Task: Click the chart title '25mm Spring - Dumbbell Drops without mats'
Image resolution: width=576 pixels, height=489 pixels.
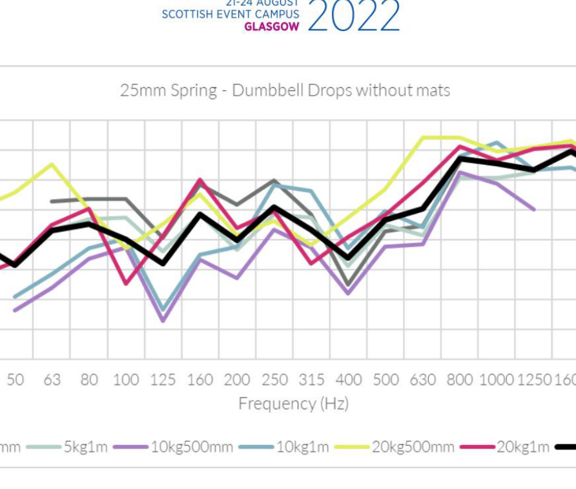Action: (285, 90)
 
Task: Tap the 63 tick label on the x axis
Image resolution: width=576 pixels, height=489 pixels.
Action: (52, 380)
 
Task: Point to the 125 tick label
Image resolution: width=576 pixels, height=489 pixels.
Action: (163, 380)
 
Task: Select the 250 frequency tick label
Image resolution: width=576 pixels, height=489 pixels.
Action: (274, 380)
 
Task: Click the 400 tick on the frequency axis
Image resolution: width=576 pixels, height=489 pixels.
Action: (349, 380)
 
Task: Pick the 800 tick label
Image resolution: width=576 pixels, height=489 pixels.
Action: (460, 380)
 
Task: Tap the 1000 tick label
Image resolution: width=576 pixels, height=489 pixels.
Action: (497, 380)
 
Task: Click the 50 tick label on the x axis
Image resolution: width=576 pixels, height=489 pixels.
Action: (15, 380)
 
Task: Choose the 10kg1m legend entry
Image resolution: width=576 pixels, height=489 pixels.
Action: (303, 447)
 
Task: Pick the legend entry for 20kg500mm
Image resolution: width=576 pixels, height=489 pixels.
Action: (413, 447)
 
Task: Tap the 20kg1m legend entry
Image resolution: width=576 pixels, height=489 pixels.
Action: (522, 447)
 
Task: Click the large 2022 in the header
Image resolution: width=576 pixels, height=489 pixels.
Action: (353, 16)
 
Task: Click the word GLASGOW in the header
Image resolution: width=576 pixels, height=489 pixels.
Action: (272, 27)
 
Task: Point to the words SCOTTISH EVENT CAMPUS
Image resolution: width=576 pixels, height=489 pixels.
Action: (231, 14)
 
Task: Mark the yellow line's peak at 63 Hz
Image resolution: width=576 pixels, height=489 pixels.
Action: (52, 164)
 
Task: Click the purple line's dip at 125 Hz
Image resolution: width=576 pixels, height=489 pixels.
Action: (163, 320)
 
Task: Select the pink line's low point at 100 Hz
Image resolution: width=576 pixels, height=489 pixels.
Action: (126, 283)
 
